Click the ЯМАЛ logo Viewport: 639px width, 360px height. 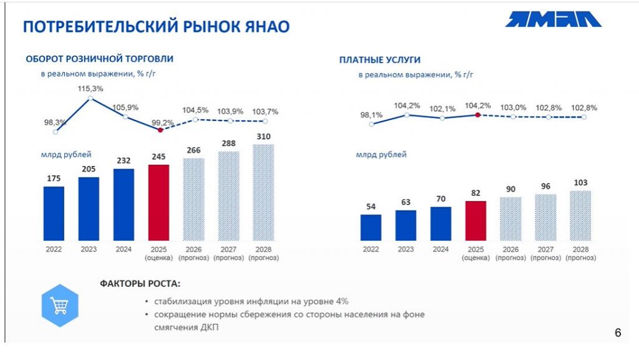tap(554, 20)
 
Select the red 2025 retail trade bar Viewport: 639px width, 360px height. tap(159, 203)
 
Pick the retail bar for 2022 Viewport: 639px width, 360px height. tap(54, 213)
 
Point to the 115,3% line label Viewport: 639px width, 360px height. tap(90, 89)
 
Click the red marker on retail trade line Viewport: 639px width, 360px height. tap(160, 130)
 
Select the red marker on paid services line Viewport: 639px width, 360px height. tap(477, 115)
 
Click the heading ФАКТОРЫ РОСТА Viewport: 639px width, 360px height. tap(140, 284)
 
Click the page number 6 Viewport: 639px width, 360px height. tap(618, 333)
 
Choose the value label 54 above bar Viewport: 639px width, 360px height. tap(370, 207)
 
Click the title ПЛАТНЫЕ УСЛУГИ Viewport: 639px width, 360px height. tap(379, 60)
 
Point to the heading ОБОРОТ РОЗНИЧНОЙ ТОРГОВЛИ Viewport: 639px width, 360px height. tap(99, 59)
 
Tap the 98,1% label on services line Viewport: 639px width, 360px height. tap(371, 115)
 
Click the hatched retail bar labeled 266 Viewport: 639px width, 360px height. tap(193, 199)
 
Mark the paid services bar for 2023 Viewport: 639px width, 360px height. tap(406, 225)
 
